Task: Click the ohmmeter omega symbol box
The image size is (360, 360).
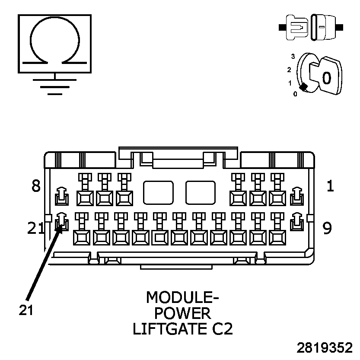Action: click(54, 43)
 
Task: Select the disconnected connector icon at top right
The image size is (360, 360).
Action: click(311, 27)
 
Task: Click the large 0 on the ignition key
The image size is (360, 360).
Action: click(327, 78)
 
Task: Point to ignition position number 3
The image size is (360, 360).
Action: click(293, 56)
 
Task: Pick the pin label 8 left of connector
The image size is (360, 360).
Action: click(36, 186)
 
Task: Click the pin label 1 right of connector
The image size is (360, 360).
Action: click(330, 186)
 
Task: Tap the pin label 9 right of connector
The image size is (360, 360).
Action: click(327, 228)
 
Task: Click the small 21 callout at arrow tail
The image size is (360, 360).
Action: click(26, 310)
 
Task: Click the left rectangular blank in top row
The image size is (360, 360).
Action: click(158, 193)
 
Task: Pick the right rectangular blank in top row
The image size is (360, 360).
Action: click(201, 193)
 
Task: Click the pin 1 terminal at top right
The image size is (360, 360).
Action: click(296, 197)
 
